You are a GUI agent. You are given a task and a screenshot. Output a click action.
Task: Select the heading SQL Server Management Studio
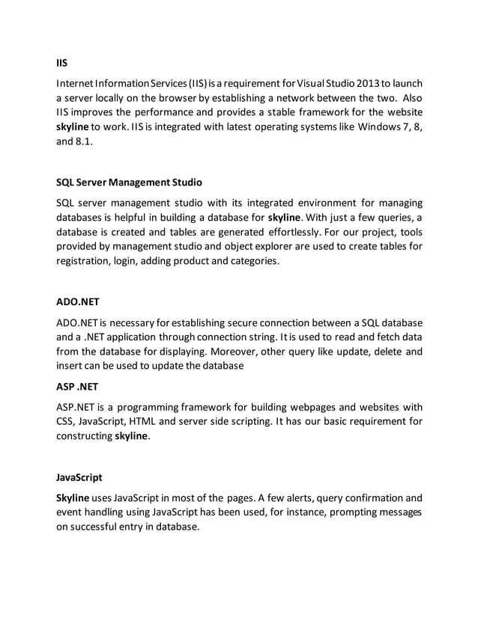click(128, 182)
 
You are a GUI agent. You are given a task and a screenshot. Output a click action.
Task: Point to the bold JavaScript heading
click(79, 476)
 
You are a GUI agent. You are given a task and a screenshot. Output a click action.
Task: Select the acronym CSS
click(66, 420)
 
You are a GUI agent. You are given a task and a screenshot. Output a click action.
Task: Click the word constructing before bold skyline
click(84, 435)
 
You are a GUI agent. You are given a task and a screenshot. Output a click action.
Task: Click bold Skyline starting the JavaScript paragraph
click(73, 497)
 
